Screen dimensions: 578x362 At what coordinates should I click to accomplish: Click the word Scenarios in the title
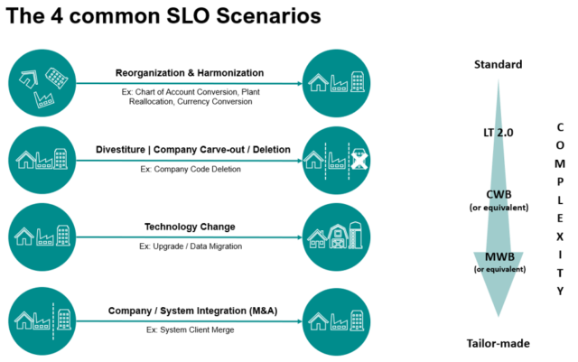coord(268,15)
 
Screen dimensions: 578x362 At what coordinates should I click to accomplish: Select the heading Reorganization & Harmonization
coord(190,72)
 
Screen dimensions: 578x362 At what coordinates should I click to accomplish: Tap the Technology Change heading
coord(190,227)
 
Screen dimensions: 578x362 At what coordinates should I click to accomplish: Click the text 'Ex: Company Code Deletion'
coord(191,169)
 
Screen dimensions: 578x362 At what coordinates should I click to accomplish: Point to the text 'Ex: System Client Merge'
coord(190,330)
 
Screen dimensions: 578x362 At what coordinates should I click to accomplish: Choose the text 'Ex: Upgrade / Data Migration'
coord(191,246)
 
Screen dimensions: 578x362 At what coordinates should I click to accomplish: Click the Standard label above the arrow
coord(498,64)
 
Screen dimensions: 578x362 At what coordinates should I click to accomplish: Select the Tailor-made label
coord(498,344)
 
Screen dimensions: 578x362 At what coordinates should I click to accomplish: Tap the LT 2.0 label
coord(498,133)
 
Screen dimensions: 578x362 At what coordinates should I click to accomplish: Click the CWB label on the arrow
coord(499,194)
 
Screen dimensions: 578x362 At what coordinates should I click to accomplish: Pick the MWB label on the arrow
coord(499,256)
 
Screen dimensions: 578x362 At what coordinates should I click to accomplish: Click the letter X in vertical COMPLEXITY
coord(560,237)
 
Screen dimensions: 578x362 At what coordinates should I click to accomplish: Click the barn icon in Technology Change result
coord(338,237)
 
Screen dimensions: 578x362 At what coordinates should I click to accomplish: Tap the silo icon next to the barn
coord(355,235)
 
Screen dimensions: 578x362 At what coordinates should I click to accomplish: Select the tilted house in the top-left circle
coord(28,79)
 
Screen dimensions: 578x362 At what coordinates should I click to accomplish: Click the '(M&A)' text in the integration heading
coord(264,311)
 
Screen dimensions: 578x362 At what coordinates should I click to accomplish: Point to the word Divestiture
coord(120,149)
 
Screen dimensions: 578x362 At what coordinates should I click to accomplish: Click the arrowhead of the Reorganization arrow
coord(299,83)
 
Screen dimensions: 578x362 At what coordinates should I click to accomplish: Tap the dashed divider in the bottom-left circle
coord(53,321)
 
